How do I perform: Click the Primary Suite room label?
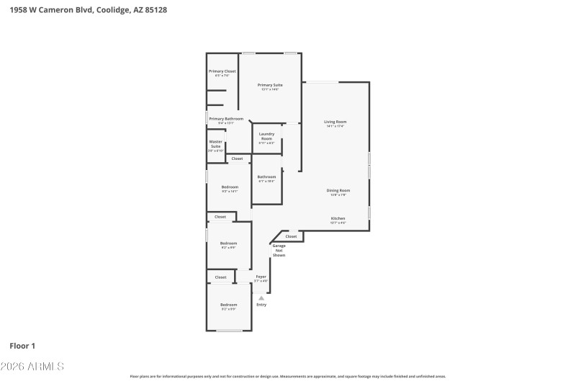pyautogui.click(x=270, y=85)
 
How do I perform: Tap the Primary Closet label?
pyautogui.click(x=222, y=71)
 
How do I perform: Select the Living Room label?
pyautogui.click(x=335, y=122)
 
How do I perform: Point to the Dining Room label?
pyautogui.click(x=338, y=190)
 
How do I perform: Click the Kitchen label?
pyautogui.click(x=338, y=218)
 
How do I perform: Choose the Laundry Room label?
pyautogui.click(x=266, y=136)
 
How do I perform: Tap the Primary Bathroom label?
pyautogui.click(x=226, y=118)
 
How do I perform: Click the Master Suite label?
pyautogui.click(x=215, y=144)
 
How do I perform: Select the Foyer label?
pyautogui.click(x=261, y=277)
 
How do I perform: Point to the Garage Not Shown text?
pyautogui.click(x=279, y=251)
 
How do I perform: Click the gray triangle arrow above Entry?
pyautogui.click(x=261, y=298)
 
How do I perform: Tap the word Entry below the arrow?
pyautogui.click(x=261, y=305)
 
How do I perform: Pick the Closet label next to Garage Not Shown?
pyautogui.click(x=291, y=236)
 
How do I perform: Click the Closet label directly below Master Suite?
pyautogui.click(x=237, y=158)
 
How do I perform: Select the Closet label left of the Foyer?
pyautogui.click(x=220, y=277)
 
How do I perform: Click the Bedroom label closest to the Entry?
pyautogui.click(x=228, y=305)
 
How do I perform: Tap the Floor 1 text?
pyautogui.click(x=22, y=346)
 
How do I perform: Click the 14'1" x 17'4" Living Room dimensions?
pyautogui.click(x=335, y=126)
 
